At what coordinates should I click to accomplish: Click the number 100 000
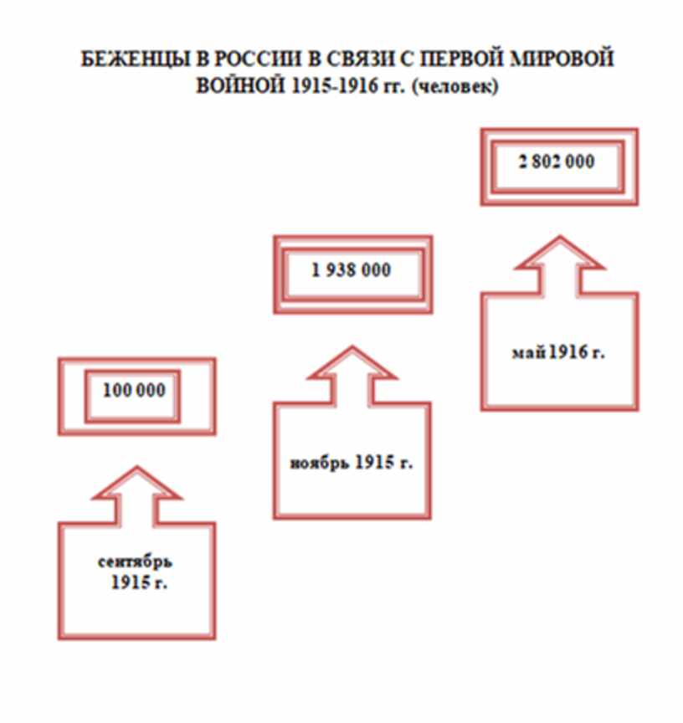pyautogui.click(x=134, y=391)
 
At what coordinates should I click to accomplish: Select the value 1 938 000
pyautogui.click(x=352, y=270)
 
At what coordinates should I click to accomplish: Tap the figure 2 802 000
pyautogui.click(x=556, y=162)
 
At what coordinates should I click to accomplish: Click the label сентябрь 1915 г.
pyautogui.click(x=135, y=572)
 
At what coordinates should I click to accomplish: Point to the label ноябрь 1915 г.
pyautogui.click(x=352, y=463)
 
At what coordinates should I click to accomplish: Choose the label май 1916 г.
pyautogui.click(x=558, y=352)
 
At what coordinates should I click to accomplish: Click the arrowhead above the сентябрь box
pyautogui.click(x=136, y=486)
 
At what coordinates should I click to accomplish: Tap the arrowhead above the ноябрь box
pyautogui.click(x=352, y=362)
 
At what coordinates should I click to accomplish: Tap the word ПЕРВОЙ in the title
pyautogui.click(x=470, y=61)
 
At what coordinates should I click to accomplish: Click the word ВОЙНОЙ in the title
pyautogui.click(x=236, y=86)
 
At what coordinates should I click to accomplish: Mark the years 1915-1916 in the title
pyautogui.click(x=321, y=86)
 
